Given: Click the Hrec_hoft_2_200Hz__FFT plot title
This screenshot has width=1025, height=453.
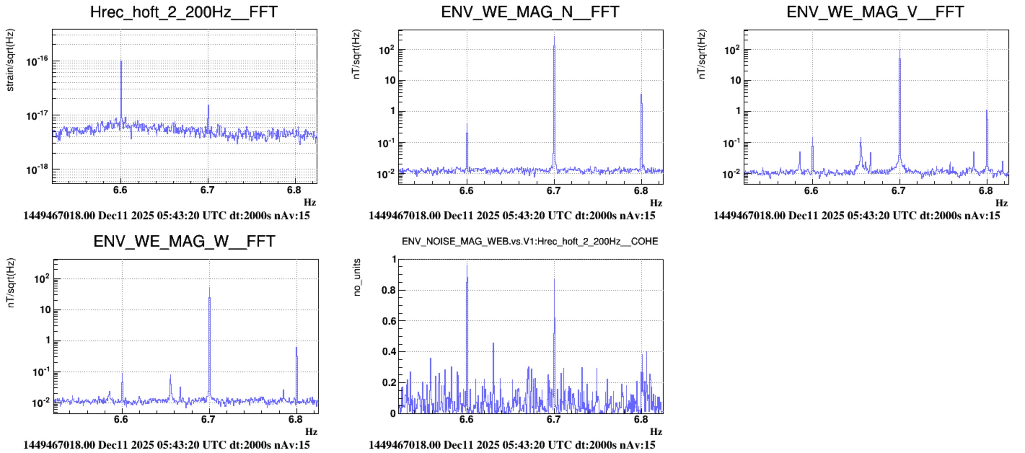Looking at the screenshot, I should tap(184, 12).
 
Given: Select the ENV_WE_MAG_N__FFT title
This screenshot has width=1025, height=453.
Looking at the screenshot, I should tap(530, 12).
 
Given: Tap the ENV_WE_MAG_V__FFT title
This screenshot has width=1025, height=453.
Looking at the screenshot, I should tap(875, 12).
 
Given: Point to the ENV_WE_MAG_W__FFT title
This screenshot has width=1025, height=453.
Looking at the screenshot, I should tap(184, 241).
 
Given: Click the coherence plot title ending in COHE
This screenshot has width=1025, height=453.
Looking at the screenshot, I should tap(529, 241).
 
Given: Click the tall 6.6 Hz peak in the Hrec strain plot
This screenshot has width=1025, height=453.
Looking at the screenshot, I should tap(121, 62).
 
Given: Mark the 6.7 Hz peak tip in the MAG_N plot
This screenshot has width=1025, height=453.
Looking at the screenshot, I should tap(554, 38).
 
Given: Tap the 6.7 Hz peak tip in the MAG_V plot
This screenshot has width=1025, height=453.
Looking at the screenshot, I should tap(899, 50).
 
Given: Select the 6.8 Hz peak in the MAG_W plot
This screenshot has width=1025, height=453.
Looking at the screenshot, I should tap(296, 348).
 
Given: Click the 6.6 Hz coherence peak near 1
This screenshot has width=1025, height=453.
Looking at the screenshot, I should tap(467, 265).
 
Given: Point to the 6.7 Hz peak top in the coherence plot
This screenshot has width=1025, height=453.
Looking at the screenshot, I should tap(554, 280).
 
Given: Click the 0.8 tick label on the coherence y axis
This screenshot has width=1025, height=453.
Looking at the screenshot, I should tap(388, 290).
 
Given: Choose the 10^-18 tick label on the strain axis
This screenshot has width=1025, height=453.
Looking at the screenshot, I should tap(37, 170).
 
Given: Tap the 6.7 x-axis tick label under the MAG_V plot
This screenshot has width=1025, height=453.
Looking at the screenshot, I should tap(898, 191).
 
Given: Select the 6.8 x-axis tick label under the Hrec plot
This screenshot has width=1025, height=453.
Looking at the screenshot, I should tap(294, 190).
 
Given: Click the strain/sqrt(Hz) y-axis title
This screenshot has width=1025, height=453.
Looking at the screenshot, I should tap(10, 60).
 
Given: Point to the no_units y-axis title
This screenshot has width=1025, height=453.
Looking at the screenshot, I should tap(357, 277).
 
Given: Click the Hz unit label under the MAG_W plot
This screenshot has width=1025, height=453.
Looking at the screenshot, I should tap(311, 431).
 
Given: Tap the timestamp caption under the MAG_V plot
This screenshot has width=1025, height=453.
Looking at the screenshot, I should tap(856, 216).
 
